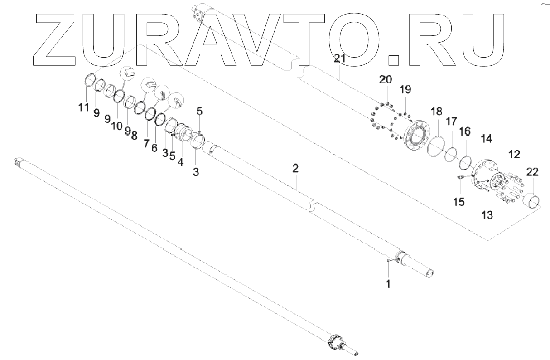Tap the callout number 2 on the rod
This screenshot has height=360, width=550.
(295, 169)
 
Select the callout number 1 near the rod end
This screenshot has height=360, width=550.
(388, 284)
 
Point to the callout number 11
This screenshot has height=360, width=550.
(82, 107)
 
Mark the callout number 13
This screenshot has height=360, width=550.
(487, 214)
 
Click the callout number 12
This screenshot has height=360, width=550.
(514, 155)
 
